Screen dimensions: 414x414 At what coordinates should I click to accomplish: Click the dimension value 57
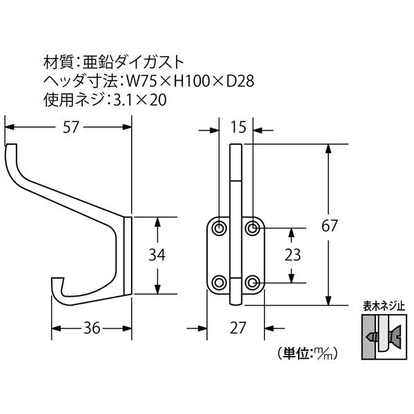pyautogui.click(x=71, y=127)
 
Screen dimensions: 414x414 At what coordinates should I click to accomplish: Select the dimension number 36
pyautogui.click(x=92, y=328)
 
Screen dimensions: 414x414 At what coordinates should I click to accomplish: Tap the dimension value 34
pyautogui.click(x=157, y=255)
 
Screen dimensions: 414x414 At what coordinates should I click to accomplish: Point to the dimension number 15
pyautogui.click(x=238, y=127)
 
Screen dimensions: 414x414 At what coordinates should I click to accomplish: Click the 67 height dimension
pyautogui.click(x=330, y=226)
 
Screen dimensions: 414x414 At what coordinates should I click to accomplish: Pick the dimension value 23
pyautogui.click(x=293, y=255)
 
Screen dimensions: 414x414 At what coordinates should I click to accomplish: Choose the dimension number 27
pyautogui.click(x=238, y=328)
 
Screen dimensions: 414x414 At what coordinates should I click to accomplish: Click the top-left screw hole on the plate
pyautogui.click(x=219, y=228)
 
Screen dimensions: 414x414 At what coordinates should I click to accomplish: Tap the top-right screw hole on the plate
pyautogui.click(x=252, y=228)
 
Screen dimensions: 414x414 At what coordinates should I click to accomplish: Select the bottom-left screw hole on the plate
pyautogui.click(x=219, y=283)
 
